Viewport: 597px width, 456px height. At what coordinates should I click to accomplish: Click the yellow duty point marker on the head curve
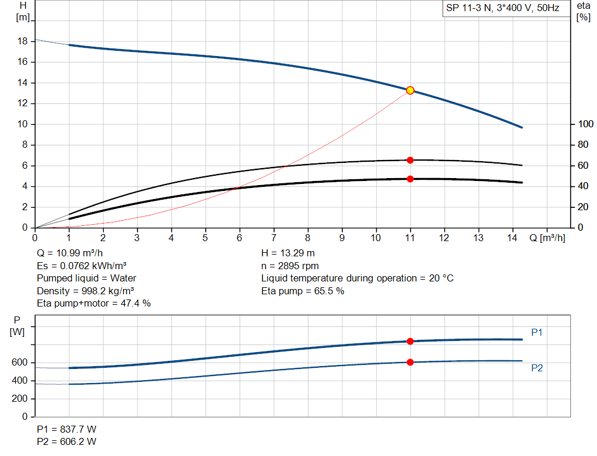(410, 90)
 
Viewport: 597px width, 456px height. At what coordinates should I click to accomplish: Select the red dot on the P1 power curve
(410, 341)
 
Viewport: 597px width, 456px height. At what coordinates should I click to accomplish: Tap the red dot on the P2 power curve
(410, 362)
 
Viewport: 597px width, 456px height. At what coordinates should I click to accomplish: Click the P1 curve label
(537, 332)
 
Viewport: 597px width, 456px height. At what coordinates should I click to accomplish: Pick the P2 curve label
(537, 368)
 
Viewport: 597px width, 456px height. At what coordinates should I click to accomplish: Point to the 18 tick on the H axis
(23, 41)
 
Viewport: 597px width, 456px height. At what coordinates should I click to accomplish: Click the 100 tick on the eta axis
(584, 124)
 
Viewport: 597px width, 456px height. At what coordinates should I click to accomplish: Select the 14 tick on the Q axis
(512, 238)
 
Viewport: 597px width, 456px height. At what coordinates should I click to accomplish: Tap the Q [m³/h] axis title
(547, 238)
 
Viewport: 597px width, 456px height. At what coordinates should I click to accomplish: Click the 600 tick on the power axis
(20, 363)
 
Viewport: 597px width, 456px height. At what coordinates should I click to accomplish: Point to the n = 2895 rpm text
(290, 266)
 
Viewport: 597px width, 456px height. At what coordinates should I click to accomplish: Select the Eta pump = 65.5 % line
(303, 291)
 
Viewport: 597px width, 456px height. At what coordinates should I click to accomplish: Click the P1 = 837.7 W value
(66, 429)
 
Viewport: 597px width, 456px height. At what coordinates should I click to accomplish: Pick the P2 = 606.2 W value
(66, 441)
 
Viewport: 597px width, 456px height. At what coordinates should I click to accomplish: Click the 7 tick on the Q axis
(273, 238)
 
